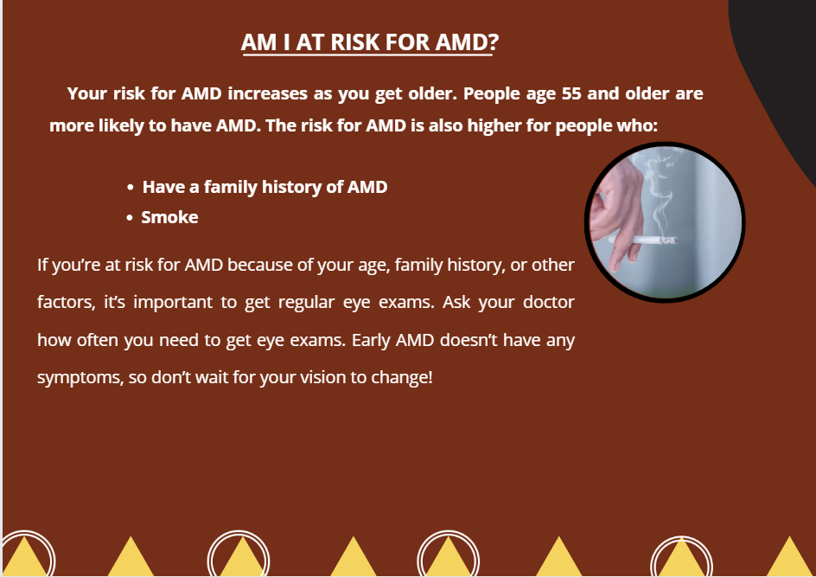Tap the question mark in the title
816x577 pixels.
coord(494,42)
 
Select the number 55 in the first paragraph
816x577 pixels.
coord(571,93)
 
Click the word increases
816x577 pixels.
coord(267,93)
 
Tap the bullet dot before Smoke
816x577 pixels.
coord(130,218)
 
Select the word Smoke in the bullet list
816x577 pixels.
coord(169,217)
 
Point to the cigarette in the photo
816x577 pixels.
coord(643,240)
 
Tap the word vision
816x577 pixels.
coord(317,377)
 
